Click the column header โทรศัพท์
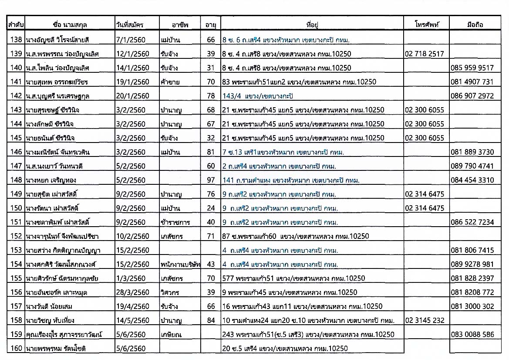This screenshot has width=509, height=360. click(426, 25)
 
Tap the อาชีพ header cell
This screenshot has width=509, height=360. click(180, 25)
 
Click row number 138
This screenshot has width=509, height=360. click(16, 40)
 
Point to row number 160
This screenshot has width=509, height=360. click(16, 348)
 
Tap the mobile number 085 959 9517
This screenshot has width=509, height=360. click(472, 68)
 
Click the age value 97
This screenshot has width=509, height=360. click(211, 180)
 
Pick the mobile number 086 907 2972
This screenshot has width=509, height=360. click(472, 96)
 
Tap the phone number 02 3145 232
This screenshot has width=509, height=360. click(425, 320)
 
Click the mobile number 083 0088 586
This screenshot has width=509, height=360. click(472, 334)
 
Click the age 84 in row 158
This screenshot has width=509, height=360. click(211, 320)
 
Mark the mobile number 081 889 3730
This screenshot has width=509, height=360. click(472, 152)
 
